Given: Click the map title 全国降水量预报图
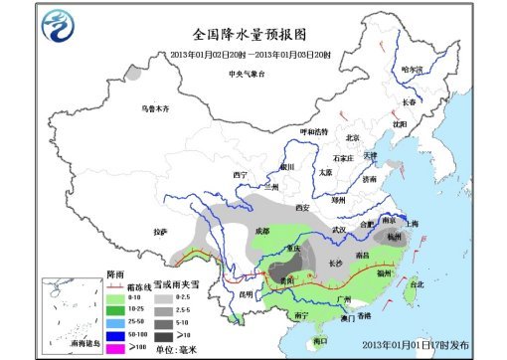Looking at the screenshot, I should click(x=253, y=36).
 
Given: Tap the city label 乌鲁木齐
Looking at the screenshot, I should click(x=156, y=107).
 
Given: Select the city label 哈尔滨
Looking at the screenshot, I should click(x=412, y=70).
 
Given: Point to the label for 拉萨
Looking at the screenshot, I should click(x=161, y=232).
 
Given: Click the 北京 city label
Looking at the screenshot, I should click(x=351, y=138).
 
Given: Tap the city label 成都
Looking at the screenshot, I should click(x=261, y=231).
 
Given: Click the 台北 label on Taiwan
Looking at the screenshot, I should click(x=403, y=284).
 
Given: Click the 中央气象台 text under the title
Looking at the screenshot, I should click(x=248, y=74).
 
